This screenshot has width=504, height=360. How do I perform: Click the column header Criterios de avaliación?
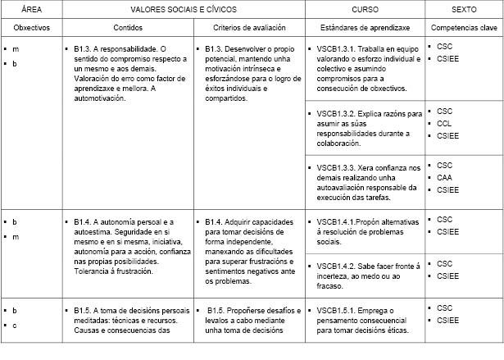[248, 28]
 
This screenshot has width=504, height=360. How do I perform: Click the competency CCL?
[445, 123]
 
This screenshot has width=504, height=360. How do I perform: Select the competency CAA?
[445, 176]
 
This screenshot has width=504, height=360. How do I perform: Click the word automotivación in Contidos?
[100, 98]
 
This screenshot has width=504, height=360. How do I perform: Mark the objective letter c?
[15, 326]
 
